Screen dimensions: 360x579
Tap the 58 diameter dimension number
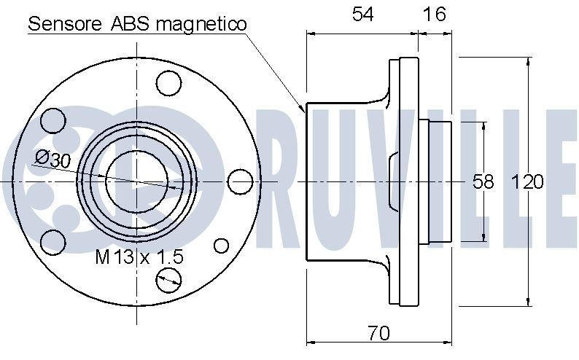point(483,181)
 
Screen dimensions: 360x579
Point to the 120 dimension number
point(528,181)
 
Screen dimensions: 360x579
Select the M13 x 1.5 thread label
point(139,257)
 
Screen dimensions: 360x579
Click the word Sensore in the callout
point(66,23)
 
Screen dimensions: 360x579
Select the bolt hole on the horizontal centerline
point(239,181)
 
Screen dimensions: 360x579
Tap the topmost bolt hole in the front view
point(169,83)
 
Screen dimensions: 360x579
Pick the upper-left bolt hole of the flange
point(53,120)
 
